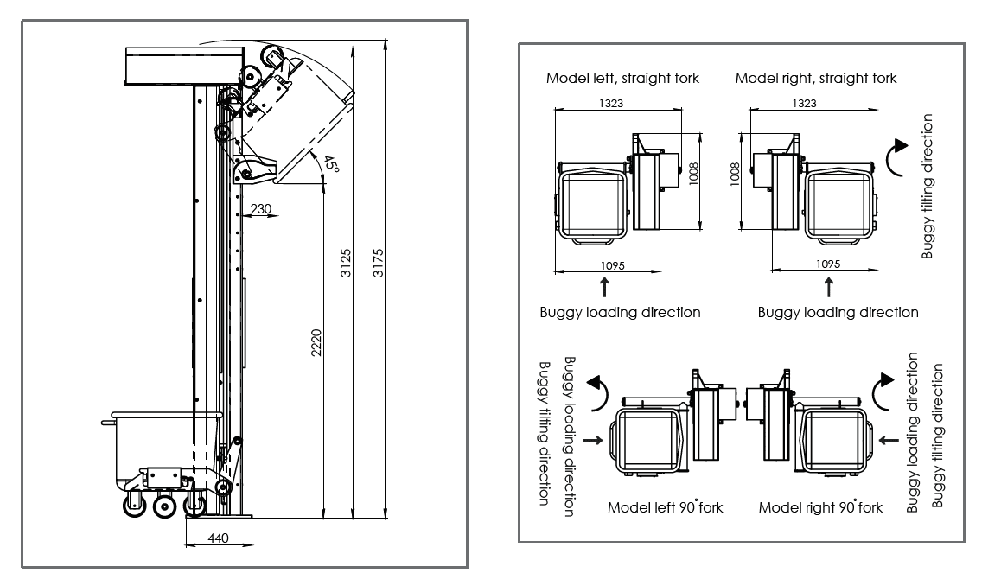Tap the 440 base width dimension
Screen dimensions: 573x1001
point(219,538)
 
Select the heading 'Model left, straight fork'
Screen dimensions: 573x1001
point(622,78)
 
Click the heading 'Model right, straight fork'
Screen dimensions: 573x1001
point(816,78)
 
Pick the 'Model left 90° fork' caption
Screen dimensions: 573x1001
point(665,507)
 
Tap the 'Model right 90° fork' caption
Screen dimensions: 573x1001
point(820,507)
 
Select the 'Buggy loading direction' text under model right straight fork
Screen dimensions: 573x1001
point(838,312)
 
